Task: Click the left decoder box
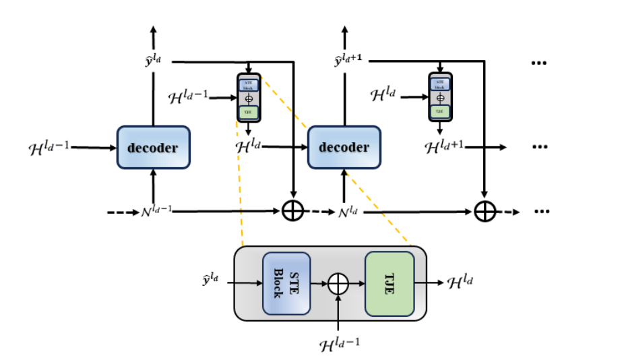(x=154, y=147)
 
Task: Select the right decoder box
(x=344, y=147)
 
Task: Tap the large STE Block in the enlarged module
(x=286, y=284)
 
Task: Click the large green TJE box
(x=389, y=284)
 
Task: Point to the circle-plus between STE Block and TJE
(x=338, y=284)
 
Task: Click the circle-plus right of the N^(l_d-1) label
(x=292, y=212)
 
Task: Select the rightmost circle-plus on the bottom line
(x=485, y=212)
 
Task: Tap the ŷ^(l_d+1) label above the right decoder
(x=348, y=61)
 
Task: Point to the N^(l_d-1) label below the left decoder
(x=156, y=212)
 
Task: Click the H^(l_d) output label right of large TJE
(x=460, y=282)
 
